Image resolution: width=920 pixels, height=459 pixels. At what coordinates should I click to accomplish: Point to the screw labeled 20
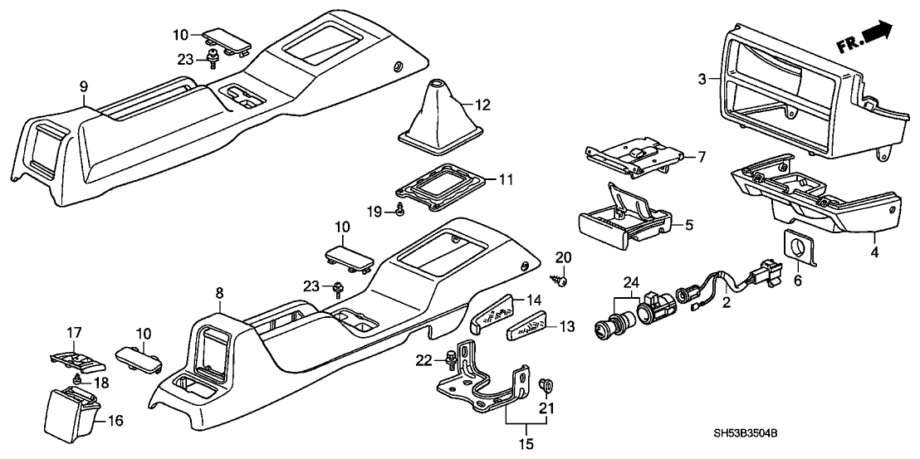click(561, 279)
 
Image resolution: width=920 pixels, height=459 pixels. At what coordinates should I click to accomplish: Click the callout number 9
click(83, 86)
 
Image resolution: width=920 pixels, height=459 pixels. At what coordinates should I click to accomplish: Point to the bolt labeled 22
click(451, 360)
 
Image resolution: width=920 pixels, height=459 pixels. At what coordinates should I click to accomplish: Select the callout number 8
click(219, 294)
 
